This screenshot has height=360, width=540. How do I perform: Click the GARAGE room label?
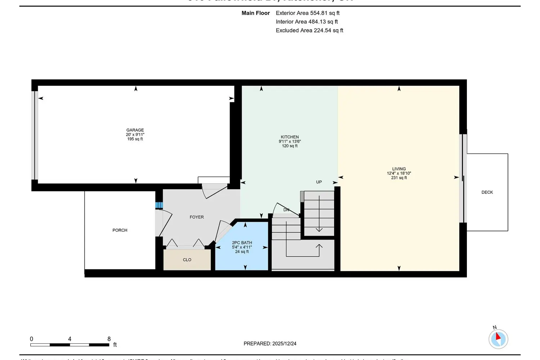(x=135, y=130)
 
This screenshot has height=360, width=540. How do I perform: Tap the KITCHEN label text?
(x=290, y=137)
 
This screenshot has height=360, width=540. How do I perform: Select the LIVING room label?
(x=399, y=169)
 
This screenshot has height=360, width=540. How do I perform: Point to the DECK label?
(x=487, y=192)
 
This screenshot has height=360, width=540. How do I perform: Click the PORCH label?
(x=120, y=230)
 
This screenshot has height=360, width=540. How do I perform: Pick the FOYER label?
(x=197, y=217)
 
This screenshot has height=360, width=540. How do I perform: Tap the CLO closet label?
(x=187, y=260)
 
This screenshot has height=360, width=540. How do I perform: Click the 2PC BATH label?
(x=242, y=243)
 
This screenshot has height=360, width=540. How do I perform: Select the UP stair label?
(x=319, y=182)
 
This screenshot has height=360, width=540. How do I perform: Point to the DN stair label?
(x=286, y=210)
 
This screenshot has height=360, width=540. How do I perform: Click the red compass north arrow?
(x=498, y=337)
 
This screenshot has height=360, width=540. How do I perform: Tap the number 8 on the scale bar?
(x=109, y=339)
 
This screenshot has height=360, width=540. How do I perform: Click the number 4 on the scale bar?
(x=69, y=339)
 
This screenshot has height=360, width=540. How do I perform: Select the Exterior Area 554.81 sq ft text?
(x=307, y=13)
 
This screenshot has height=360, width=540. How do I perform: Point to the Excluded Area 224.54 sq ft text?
(x=309, y=30)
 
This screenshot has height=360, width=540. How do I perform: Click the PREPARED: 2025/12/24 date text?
(x=270, y=343)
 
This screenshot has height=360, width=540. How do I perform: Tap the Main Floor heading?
(x=256, y=13)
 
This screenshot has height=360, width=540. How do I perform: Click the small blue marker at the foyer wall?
(x=159, y=205)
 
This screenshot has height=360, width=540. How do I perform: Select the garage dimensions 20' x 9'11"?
(x=135, y=135)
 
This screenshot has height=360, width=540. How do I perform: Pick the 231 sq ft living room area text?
(x=399, y=178)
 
